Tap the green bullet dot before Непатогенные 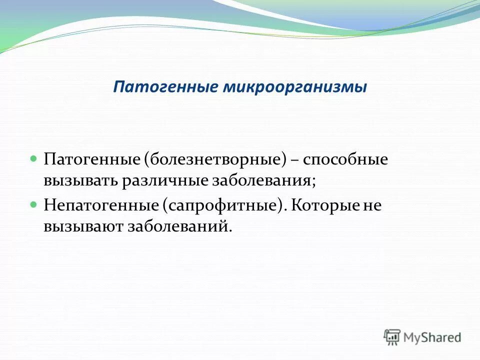pyautogui.click(x=34, y=204)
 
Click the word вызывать pyautogui.click(x=79, y=180)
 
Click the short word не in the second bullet pyautogui.click(x=371, y=206)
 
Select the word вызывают pyautogui.click(x=82, y=226)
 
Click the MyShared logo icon pyautogui.click(x=392, y=337)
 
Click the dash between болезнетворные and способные pyautogui.click(x=294, y=160)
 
